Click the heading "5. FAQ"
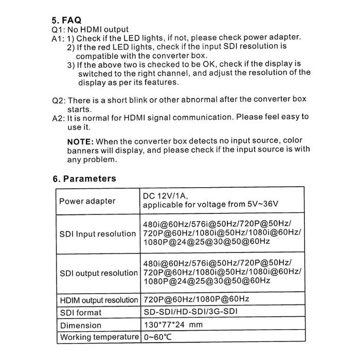(x=66, y=21)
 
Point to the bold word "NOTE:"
(x=80, y=141)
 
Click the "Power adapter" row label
(x=87, y=201)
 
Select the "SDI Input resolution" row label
(x=98, y=234)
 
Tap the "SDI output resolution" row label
(x=98, y=274)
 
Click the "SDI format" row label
(x=81, y=313)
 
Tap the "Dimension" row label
(x=81, y=326)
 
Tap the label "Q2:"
(x=59, y=100)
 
